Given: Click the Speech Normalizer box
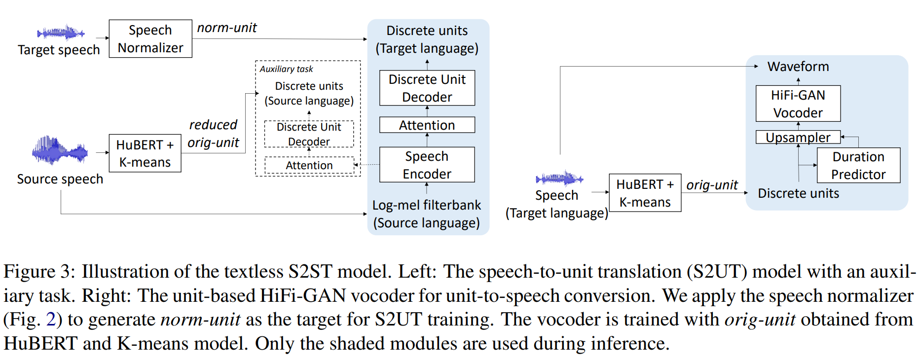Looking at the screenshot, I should [150, 39].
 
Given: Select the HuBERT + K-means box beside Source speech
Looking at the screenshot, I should [145, 153].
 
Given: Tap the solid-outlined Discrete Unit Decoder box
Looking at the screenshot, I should [427, 88].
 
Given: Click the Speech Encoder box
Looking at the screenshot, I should [427, 165].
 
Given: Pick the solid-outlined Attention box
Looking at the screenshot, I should [427, 125].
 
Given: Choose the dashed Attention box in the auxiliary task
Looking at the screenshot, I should [309, 165].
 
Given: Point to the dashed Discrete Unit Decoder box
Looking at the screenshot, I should [309, 134].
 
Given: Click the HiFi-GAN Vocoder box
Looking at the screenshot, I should [798, 104].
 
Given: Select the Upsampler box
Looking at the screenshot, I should [798, 138].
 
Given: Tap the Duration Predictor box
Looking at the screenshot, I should [858, 166].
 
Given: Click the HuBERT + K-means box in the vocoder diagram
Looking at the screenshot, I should [645, 193].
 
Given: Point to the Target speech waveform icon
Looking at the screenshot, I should [61, 33].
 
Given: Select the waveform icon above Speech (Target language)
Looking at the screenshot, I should [559, 178].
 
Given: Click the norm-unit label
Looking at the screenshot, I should [227, 28].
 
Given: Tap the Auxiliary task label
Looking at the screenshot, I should [286, 69].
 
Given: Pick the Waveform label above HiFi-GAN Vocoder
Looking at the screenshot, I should [798, 67].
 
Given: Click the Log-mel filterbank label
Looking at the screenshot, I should [427, 205].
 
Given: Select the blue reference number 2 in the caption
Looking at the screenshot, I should [51, 320].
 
